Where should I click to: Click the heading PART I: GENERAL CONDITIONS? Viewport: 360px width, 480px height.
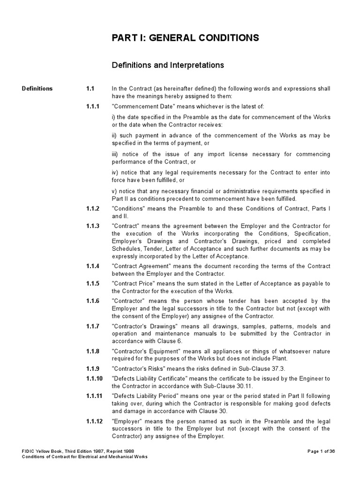pyautogui.click(x=185, y=38)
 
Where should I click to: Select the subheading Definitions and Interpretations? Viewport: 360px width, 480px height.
pyautogui.click(x=167, y=65)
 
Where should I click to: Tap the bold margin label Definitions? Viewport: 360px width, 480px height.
pyautogui.click(x=37, y=89)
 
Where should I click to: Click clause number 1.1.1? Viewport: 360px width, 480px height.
pyautogui.click(x=92, y=106)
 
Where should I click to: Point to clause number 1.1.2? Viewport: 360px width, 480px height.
pyautogui.click(x=92, y=209)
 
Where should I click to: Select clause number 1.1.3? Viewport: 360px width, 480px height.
pyautogui.click(x=92, y=226)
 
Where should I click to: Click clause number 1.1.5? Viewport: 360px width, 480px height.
pyautogui.click(x=92, y=284)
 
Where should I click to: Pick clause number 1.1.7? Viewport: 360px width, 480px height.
pyautogui.click(x=92, y=326)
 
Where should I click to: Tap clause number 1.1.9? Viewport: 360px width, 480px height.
pyautogui.click(x=92, y=368)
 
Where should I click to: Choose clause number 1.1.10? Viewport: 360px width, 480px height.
pyautogui.click(x=94, y=378)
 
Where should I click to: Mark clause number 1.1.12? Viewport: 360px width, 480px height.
pyautogui.click(x=94, y=421)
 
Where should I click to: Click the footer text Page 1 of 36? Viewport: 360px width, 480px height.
pyautogui.click(x=321, y=451)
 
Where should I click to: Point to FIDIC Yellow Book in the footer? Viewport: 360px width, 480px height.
pyautogui.click(x=42, y=451)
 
